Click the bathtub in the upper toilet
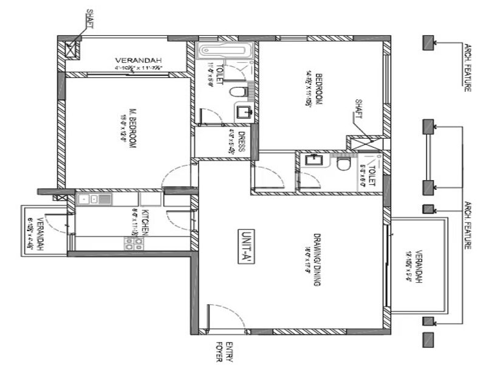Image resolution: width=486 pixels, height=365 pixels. click(225, 50)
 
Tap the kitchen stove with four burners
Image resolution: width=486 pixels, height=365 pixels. click(133, 243)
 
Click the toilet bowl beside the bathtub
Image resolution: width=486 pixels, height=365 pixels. click(238, 92)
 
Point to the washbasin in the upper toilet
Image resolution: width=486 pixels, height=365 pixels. click(244, 111)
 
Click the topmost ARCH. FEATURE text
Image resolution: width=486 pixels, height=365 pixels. click(468, 67)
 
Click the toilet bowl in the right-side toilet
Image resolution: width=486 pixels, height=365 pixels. click(344, 164)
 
